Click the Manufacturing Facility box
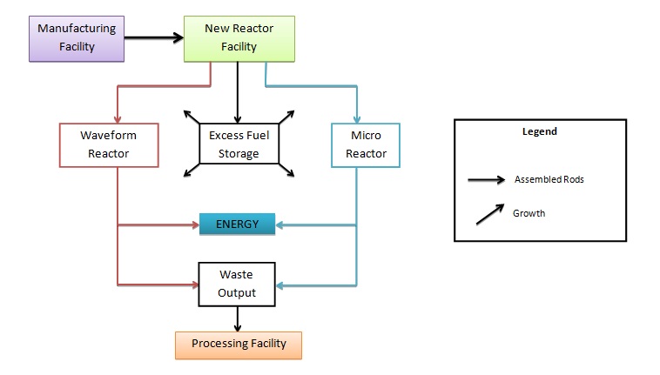77,37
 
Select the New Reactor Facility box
238,37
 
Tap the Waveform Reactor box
110,144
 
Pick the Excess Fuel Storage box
239,144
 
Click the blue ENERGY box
238,224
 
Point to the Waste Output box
237,284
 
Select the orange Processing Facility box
238,344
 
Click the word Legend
539,132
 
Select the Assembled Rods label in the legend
548,180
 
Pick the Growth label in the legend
529,213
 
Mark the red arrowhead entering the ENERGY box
194,225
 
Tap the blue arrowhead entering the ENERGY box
280,225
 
